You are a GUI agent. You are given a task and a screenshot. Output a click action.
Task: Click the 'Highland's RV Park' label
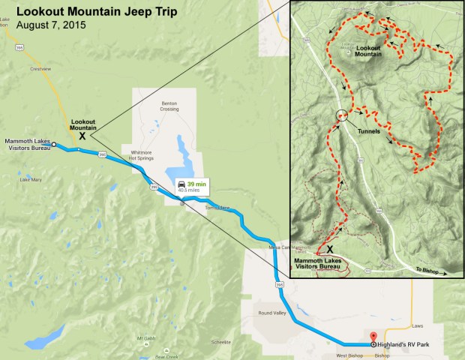411,343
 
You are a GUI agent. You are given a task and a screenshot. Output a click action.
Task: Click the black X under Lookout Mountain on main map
82,136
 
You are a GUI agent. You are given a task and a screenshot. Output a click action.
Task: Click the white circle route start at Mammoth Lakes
54,144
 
